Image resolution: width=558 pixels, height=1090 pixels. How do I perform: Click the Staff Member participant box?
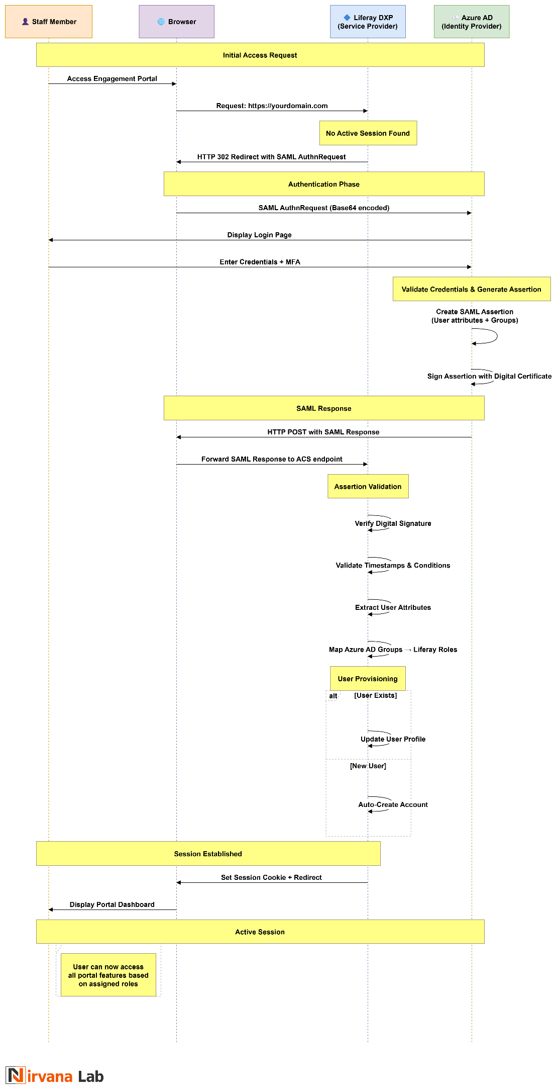coord(49,22)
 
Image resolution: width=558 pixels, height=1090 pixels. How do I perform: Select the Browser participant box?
coord(176,22)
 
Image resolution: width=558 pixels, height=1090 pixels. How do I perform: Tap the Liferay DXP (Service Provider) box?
coord(368,22)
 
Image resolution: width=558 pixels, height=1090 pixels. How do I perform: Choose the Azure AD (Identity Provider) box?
coord(472,22)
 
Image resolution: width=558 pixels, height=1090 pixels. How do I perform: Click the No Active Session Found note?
coord(368,133)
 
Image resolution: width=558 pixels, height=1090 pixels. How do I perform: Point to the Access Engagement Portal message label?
coord(112,78)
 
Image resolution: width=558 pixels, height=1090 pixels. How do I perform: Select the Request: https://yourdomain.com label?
coord(272,106)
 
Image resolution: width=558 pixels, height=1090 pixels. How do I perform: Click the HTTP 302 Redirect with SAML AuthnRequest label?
coord(271,157)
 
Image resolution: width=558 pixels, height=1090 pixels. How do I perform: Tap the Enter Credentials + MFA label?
coord(260,262)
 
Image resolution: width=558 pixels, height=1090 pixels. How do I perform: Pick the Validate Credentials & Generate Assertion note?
coord(471,289)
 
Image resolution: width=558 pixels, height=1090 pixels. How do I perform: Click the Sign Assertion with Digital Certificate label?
coord(489,376)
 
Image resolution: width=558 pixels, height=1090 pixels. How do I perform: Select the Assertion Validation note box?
coord(368,487)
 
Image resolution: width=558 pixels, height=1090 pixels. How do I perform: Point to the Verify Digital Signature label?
coord(393,523)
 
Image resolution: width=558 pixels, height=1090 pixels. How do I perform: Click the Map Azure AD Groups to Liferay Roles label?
coord(393,650)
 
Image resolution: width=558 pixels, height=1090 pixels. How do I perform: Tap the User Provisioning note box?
coord(368,679)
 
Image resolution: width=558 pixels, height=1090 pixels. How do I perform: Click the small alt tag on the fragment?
coord(333,696)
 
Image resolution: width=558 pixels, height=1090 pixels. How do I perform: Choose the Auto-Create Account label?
coord(393,804)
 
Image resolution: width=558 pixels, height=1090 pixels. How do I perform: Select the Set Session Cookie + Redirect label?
coord(271,877)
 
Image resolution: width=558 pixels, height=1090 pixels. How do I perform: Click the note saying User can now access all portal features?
coord(108,975)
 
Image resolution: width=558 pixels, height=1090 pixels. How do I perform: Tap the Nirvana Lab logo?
coord(55,1076)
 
